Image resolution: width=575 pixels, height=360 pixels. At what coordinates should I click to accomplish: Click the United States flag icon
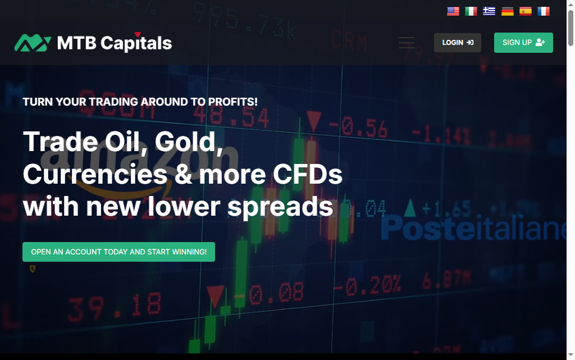[453, 11]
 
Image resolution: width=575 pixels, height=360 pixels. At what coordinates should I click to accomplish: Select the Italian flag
[471, 11]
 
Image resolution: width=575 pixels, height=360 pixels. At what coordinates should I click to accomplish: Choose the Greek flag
[489, 11]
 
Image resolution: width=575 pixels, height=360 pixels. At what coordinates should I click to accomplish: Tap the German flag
[508, 11]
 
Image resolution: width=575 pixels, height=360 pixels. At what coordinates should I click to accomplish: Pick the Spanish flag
[526, 11]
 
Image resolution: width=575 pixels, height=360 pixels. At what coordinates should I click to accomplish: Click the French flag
[544, 11]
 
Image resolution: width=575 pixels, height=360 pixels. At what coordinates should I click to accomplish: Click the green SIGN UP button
[523, 43]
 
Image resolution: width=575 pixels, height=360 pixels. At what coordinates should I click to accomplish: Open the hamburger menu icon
[407, 43]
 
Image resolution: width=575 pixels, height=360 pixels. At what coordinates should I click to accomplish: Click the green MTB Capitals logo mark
[33, 43]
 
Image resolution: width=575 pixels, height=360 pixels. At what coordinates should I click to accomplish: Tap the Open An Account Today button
[118, 252]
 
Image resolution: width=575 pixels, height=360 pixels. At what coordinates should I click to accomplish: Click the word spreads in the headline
[280, 207]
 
